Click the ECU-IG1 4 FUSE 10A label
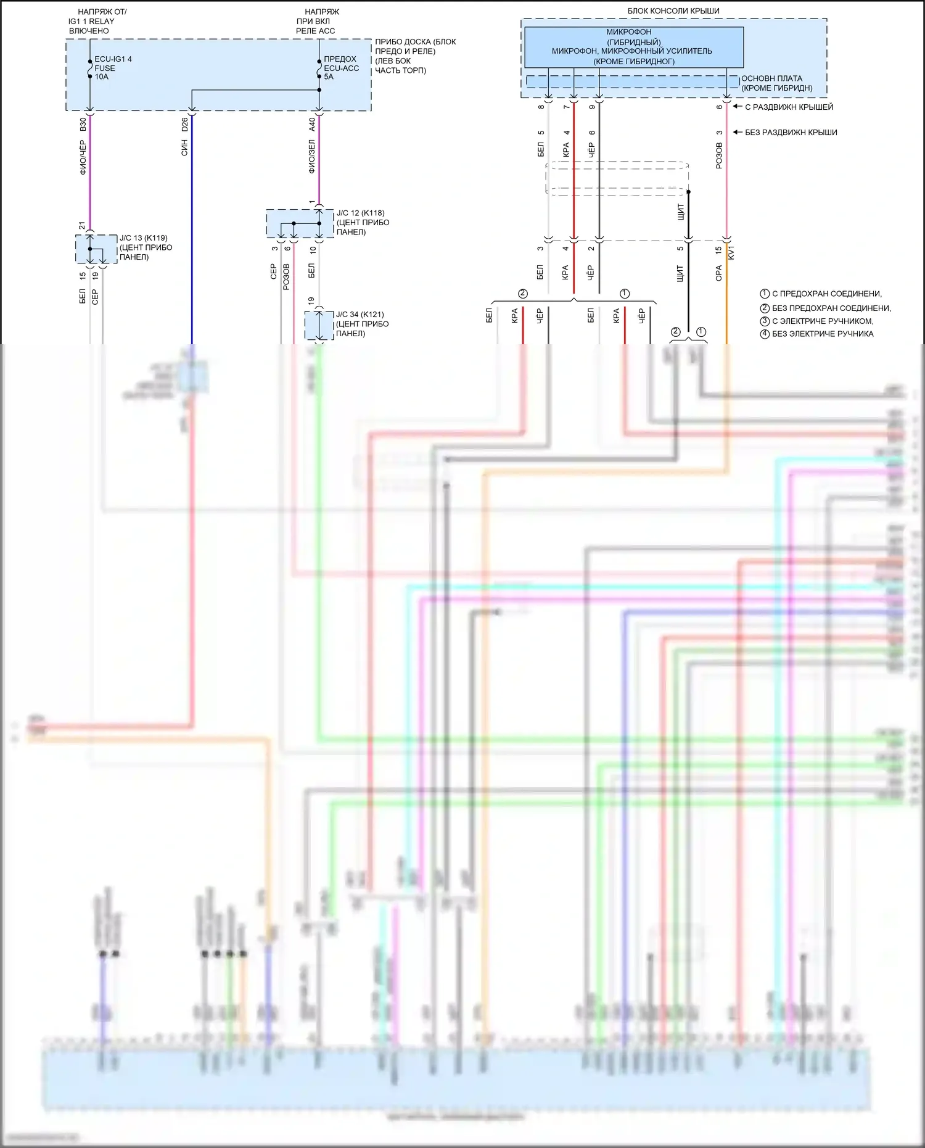[x=112, y=68]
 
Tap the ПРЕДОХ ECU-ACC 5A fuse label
[x=341, y=68]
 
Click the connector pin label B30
[x=83, y=125]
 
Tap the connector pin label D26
[x=184, y=125]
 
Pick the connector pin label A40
[x=312, y=125]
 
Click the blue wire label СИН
[x=184, y=147]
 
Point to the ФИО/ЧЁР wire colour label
[x=83, y=157]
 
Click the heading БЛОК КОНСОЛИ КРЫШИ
[x=673, y=11]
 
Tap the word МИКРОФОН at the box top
[x=628, y=32]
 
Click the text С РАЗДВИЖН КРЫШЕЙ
[x=789, y=107]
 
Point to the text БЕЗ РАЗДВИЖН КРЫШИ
[x=791, y=133]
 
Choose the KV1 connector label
[x=731, y=252]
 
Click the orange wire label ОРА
[x=718, y=273]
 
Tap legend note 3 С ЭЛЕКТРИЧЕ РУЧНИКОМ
[x=822, y=321]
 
